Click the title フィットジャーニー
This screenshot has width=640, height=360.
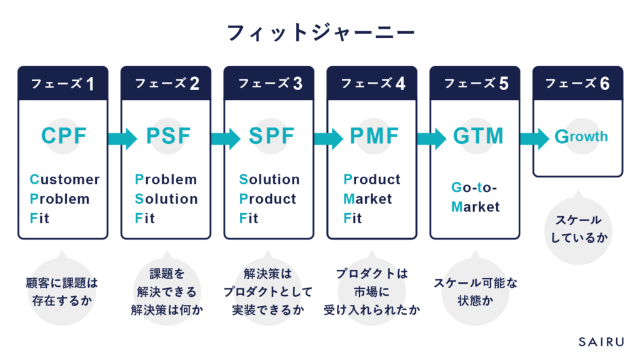pyautogui.click(x=321, y=33)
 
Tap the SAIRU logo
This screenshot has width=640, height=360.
pyautogui.click(x=601, y=342)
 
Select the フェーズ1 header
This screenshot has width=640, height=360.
pyautogui.click(x=63, y=83)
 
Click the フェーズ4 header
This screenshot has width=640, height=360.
pyautogui.click(x=372, y=83)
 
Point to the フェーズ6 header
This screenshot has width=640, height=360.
pyautogui.click(x=577, y=83)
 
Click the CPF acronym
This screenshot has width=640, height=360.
pyautogui.click(x=64, y=136)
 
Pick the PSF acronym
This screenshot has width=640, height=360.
pyautogui.click(x=168, y=136)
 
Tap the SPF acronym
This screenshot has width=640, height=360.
pyautogui.click(x=271, y=136)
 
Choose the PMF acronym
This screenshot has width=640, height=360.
pyautogui.click(x=374, y=136)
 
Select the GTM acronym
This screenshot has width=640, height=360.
pyautogui.click(x=478, y=136)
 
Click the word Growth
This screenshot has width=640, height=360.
pyautogui.click(x=581, y=136)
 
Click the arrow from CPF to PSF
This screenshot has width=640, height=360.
pyautogui.click(x=122, y=139)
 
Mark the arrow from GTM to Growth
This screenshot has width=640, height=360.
pyautogui.click(x=535, y=139)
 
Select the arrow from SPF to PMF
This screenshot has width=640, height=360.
pyautogui.click(x=329, y=139)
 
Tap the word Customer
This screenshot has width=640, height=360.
pyautogui.click(x=64, y=179)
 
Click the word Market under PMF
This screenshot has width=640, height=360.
pyautogui.click(x=367, y=199)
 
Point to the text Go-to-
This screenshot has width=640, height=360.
pyautogui.click(x=474, y=187)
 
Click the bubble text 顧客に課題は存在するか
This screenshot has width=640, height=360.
pyautogui.click(x=62, y=292)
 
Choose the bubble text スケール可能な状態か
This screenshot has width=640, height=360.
pyautogui.click(x=476, y=292)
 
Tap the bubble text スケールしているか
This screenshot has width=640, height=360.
pyautogui.click(x=579, y=229)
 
